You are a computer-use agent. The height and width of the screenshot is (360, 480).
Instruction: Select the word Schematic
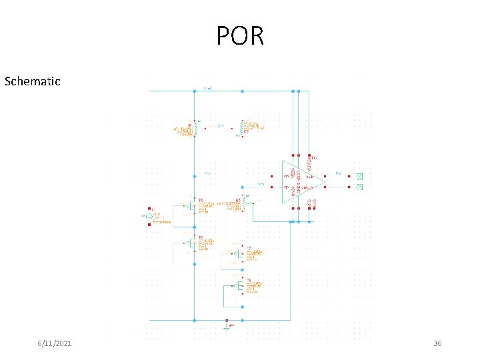click(x=32, y=81)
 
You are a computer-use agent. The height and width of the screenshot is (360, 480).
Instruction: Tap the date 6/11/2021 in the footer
click(x=55, y=343)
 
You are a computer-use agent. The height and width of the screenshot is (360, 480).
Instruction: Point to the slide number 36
click(x=437, y=343)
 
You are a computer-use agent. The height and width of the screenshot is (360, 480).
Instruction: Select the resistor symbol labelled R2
click(x=241, y=127)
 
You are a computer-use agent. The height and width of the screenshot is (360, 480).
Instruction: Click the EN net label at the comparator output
click(x=339, y=175)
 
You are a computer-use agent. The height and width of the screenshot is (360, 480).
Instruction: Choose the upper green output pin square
click(x=359, y=177)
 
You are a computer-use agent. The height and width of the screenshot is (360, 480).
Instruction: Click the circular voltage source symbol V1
click(x=149, y=216)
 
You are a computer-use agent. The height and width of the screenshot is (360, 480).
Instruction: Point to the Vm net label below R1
click(x=207, y=173)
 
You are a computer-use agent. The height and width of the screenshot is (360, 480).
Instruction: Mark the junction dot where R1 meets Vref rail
click(x=194, y=91)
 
